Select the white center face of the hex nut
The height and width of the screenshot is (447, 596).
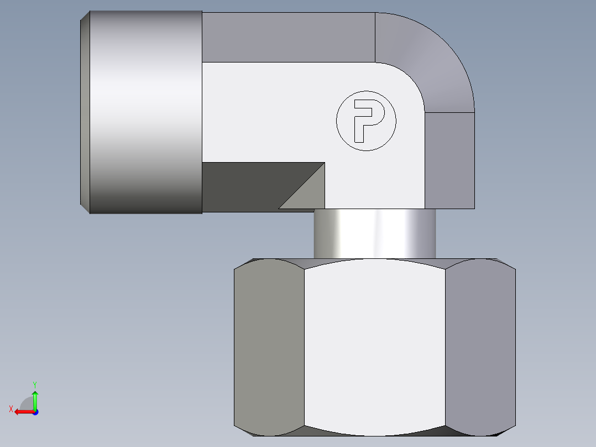[374, 346]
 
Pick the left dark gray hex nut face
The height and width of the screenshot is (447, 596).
[269, 346]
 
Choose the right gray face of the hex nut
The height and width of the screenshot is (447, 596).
[480, 346]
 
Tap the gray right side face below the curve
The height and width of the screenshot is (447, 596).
[449, 160]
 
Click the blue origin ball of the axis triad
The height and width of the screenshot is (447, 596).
[35, 412]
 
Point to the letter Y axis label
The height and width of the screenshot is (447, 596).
[34, 383]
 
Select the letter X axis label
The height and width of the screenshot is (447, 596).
[11, 409]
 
